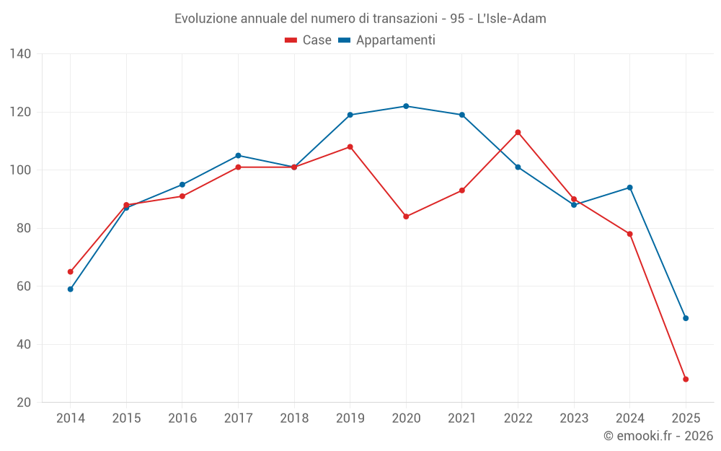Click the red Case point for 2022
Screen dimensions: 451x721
[x=518, y=132]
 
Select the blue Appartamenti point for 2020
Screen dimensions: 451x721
[x=406, y=106]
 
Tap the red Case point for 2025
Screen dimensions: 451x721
[x=686, y=379]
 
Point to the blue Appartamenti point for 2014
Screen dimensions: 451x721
[x=70, y=289]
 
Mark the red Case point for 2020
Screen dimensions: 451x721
[x=406, y=216]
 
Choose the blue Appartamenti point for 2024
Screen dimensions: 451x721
[x=629, y=188]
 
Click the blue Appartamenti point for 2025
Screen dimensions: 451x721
[x=686, y=318]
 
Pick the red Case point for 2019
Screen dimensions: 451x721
[x=350, y=146]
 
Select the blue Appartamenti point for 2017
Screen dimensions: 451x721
[x=238, y=155]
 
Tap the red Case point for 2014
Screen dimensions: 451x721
[x=70, y=272]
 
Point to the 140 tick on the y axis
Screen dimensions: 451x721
[x=21, y=54]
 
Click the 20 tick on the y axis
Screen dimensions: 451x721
[x=24, y=402]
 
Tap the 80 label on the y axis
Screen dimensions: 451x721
[x=24, y=228]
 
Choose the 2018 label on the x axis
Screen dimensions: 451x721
[x=294, y=418]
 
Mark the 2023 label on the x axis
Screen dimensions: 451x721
[x=574, y=418]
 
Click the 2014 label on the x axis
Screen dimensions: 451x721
[x=70, y=418]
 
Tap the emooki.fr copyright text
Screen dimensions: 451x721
[x=658, y=436]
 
